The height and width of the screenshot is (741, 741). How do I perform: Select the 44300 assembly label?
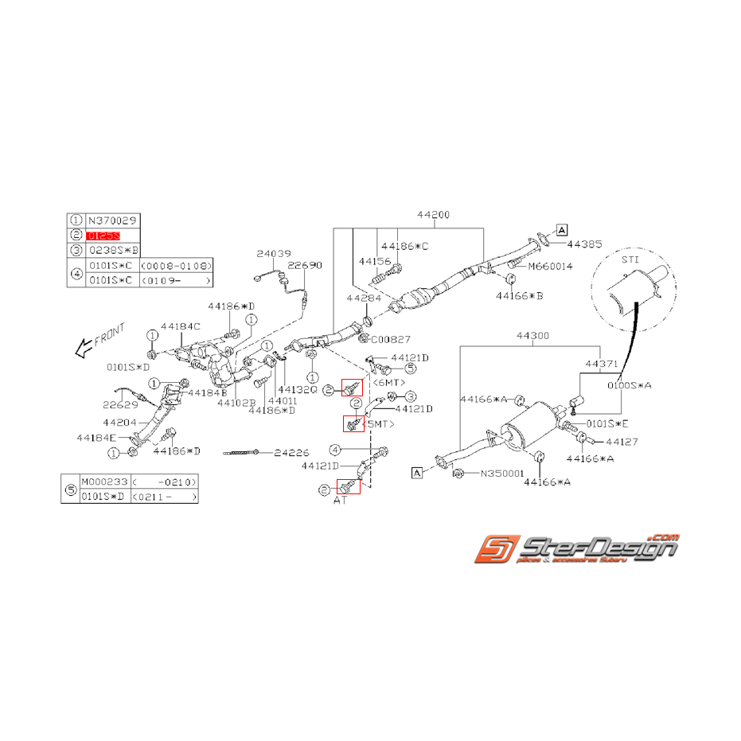pyautogui.click(x=532, y=336)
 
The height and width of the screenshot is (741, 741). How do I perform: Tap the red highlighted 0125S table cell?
pyautogui.click(x=104, y=235)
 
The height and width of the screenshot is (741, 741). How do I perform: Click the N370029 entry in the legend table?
pyautogui.click(x=107, y=220)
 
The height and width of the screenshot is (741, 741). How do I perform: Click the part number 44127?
pyautogui.click(x=622, y=440)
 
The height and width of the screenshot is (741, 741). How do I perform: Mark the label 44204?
pyautogui.click(x=120, y=422)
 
